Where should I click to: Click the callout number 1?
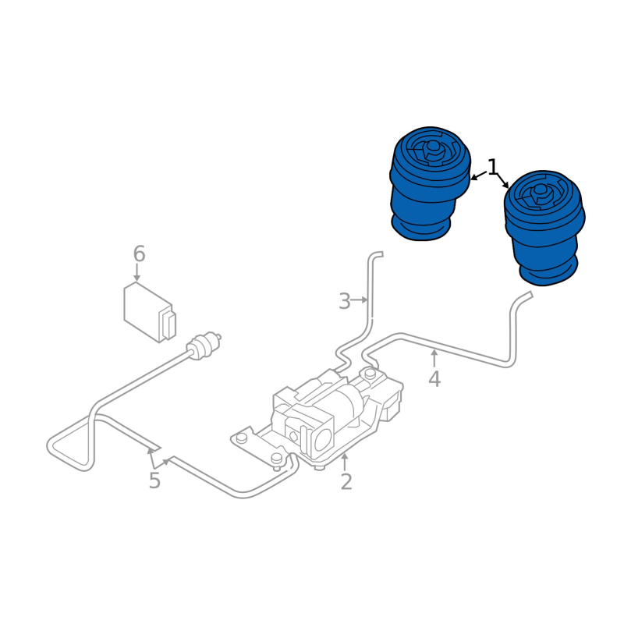[493, 167]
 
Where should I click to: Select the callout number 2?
[346, 481]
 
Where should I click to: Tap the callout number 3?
[345, 301]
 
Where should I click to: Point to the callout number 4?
[434, 378]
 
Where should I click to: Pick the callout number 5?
[154, 480]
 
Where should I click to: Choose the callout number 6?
[139, 254]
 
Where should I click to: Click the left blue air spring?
[431, 184]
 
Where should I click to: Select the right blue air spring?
[544, 228]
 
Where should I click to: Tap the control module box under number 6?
[150, 312]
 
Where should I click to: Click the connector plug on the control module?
[168, 324]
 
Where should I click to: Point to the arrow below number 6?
[137, 273]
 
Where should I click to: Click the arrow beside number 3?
[360, 300]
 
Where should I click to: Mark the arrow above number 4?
[434, 358]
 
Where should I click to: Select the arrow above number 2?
[345, 462]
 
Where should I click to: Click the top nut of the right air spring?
[540, 193]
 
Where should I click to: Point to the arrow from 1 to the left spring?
[479, 175]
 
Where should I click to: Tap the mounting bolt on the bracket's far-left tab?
[241, 438]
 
